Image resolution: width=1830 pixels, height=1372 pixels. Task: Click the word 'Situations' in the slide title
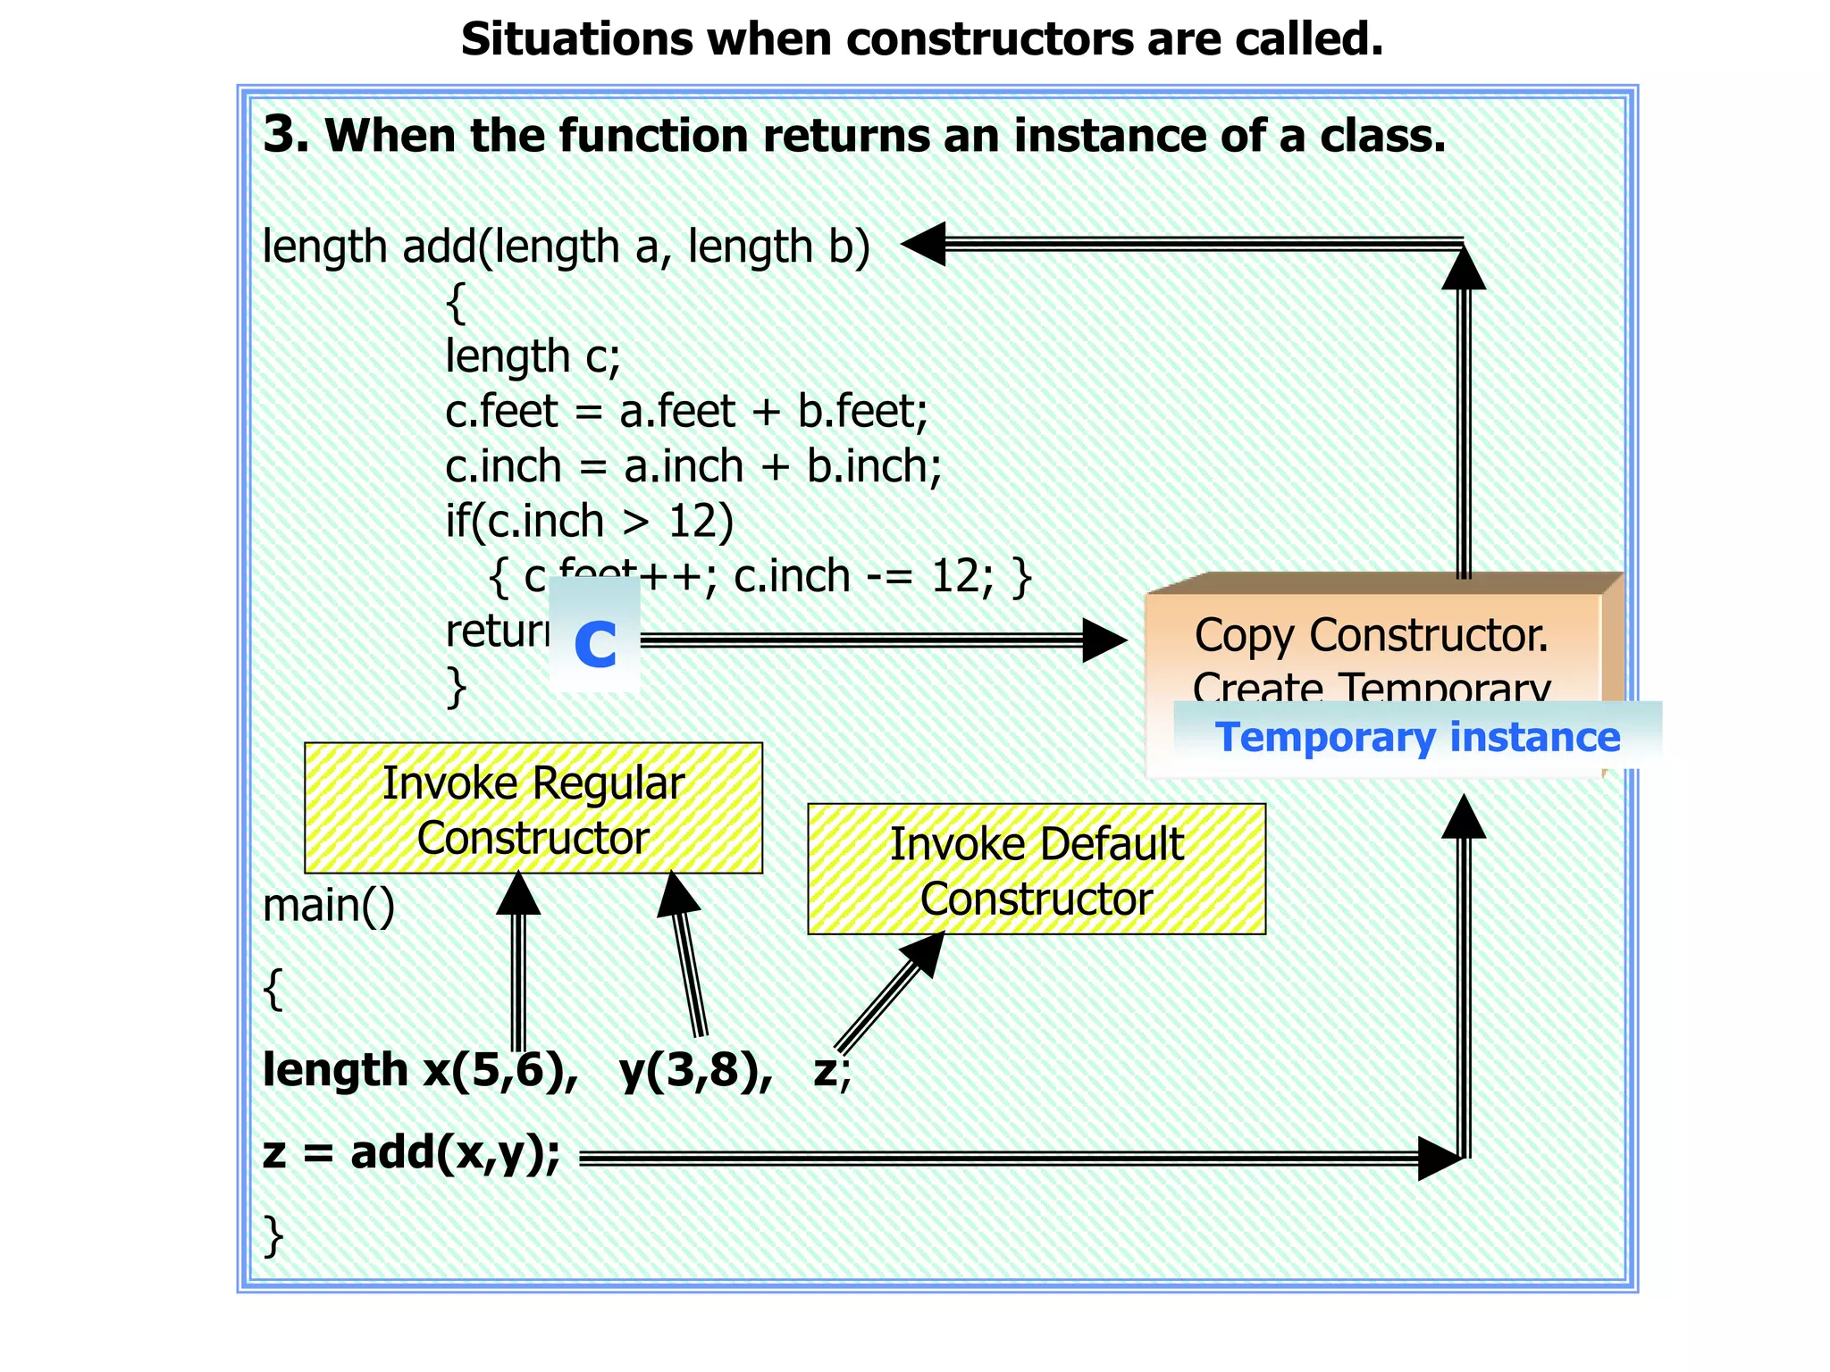point(576,39)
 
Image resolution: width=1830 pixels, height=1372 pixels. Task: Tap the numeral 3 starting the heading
point(284,136)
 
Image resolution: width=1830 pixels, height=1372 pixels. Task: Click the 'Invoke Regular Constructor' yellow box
point(533,808)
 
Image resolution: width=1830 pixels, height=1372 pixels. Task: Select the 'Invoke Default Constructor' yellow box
point(1036,870)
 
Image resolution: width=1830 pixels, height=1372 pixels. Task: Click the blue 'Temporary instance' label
point(1417,737)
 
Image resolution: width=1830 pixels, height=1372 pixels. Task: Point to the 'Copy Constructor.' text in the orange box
point(1371,635)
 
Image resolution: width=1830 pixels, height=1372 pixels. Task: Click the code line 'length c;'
point(533,356)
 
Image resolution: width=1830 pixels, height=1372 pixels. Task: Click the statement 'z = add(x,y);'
point(411,1153)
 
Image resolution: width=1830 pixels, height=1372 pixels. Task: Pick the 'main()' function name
point(328,906)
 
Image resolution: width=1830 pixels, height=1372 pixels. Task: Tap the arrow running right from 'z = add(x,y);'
point(1001,1159)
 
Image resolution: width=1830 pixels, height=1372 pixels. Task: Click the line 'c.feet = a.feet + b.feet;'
point(686,412)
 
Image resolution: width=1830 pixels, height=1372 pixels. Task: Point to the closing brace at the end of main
point(273,1236)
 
